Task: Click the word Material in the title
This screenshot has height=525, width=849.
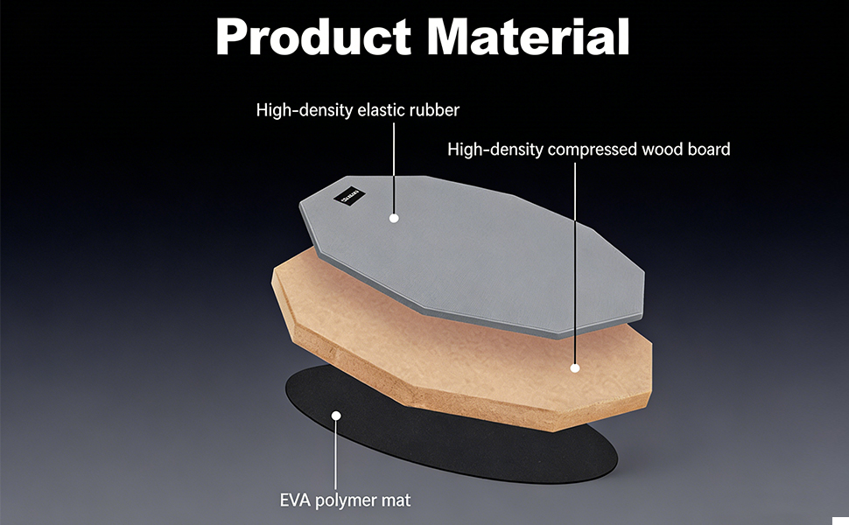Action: (x=527, y=37)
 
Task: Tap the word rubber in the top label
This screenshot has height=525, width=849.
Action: (x=432, y=110)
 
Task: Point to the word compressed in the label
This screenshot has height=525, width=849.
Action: (x=590, y=150)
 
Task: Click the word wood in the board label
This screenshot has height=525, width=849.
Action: (x=664, y=150)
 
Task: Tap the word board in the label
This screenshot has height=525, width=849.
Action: (x=709, y=150)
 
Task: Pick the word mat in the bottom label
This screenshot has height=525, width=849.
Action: (x=396, y=500)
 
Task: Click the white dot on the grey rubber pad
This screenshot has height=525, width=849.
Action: (x=394, y=217)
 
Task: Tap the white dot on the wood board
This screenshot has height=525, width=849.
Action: (x=576, y=368)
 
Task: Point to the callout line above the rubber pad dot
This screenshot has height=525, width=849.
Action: (x=394, y=166)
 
